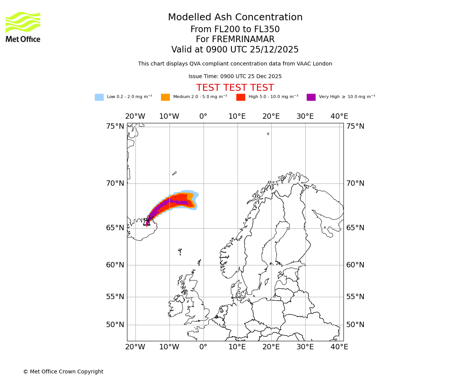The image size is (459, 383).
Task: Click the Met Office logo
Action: [23, 27]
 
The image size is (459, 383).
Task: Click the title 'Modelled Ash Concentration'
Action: [235, 18]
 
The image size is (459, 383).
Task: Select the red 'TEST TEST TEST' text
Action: [235, 88]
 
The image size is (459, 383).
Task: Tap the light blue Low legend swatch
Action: [99, 97]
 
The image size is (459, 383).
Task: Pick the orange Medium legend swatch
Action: [165, 97]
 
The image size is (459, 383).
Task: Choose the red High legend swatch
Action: [241, 97]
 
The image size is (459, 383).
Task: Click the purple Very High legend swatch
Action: [311, 97]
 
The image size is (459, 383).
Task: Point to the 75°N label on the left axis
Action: [115, 126]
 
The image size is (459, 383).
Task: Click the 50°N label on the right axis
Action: [355, 325]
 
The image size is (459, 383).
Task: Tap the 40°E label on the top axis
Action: [339, 116]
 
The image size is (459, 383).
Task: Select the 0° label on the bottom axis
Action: [203, 347]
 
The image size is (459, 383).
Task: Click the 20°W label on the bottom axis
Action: [135, 347]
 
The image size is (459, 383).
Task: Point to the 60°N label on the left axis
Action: [115, 265]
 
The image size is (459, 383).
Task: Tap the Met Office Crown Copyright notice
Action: [63, 372]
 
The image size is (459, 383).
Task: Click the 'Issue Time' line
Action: [235, 76]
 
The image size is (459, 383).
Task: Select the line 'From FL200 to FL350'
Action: [235, 29]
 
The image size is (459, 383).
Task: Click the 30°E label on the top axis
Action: [305, 116]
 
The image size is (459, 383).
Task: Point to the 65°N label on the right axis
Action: [355, 228]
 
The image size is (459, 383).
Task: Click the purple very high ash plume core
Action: [168, 203]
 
